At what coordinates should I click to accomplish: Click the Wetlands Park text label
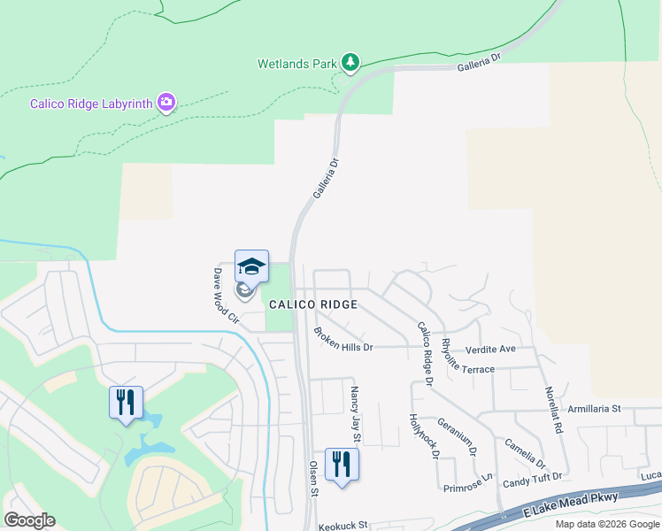297,64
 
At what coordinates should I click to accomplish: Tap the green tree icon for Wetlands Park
351,62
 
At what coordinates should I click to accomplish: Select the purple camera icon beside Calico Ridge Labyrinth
165,103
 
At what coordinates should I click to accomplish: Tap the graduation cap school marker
251,265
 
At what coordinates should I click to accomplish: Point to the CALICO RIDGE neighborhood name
313,304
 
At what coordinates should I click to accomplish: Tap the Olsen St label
313,477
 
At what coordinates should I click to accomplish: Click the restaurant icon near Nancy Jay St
341,464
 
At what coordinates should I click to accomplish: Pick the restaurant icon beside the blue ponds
126,402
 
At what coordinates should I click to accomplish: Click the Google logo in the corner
29,520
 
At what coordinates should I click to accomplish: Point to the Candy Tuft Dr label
532,479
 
